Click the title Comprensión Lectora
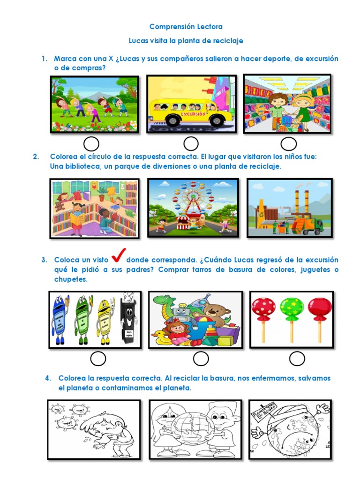(x=186, y=27)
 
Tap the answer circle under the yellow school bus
(x=191, y=144)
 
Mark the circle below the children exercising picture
(x=91, y=144)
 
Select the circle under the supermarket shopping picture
(x=288, y=144)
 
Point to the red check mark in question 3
(x=118, y=257)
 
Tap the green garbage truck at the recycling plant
(x=307, y=226)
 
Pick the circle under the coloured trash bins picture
(x=98, y=359)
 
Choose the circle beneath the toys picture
(x=201, y=359)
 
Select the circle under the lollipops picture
(x=297, y=359)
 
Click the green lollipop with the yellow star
(x=291, y=307)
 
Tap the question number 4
(x=47, y=378)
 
